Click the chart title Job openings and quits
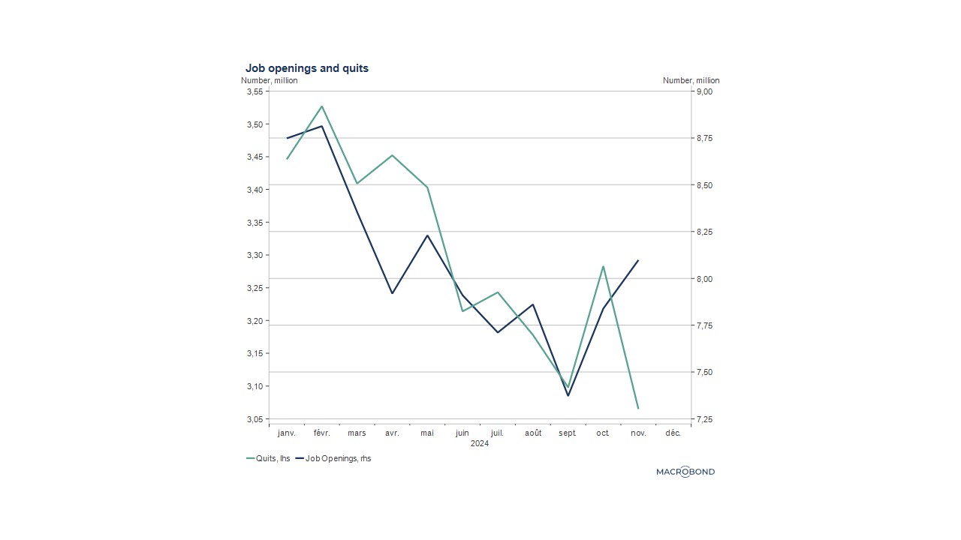coord(306,68)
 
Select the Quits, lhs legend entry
coord(268,458)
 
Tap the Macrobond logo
coord(685,472)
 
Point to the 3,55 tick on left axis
coord(255,91)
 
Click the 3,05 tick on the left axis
coord(255,419)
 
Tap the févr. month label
coord(322,433)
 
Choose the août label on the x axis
coord(533,433)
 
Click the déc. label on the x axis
coord(673,433)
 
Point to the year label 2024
coord(480,443)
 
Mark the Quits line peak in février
coord(322,106)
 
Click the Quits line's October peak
coord(603,266)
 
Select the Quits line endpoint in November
coord(638,408)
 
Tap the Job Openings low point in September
coord(568,395)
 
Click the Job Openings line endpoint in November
coord(638,260)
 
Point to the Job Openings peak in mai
coord(427,235)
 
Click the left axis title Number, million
coord(269,80)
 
